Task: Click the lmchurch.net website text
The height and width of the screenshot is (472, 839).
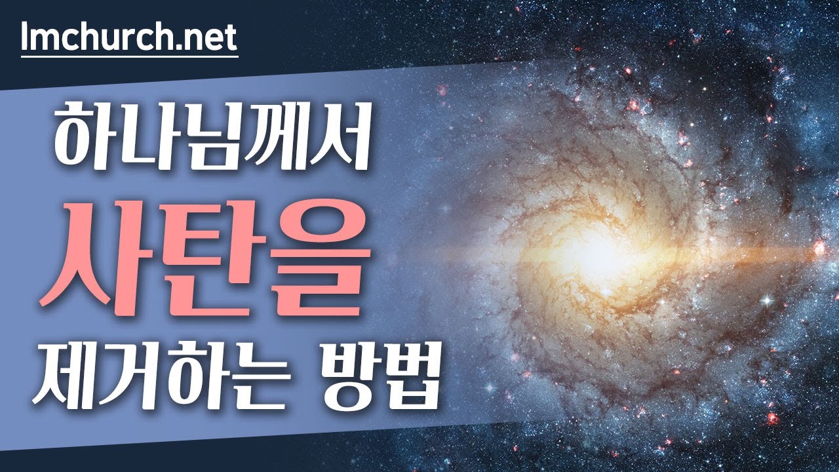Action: coord(128,38)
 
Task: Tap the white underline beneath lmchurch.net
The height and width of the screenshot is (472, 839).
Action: coord(128,56)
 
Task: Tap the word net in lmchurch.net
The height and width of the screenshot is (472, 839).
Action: coord(211,38)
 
